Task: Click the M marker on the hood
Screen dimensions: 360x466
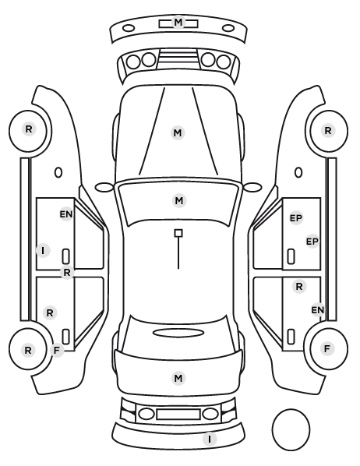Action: click(178, 132)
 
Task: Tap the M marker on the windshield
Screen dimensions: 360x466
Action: click(179, 200)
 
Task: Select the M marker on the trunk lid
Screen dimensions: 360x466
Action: click(178, 378)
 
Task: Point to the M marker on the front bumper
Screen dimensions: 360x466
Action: click(178, 23)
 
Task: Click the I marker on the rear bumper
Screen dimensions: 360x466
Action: click(210, 439)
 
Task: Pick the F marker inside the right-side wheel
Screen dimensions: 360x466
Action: click(327, 348)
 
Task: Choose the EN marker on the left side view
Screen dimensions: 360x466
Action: click(66, 214)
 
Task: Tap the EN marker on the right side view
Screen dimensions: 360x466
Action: click(317, 310)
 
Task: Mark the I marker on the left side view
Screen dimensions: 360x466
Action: click(43, 251)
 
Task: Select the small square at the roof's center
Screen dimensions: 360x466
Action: click(178, 233)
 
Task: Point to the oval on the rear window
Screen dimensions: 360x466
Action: click(178, 333)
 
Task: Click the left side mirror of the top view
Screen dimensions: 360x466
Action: click(104, 187)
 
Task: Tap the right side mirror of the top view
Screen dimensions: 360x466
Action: click(252, 187)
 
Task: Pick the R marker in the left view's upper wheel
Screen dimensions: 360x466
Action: click(29, 129)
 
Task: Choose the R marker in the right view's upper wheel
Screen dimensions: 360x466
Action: click(328, 130)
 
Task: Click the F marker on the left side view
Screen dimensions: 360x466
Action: click(56, 351)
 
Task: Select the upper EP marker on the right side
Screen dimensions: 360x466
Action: click(296, 218)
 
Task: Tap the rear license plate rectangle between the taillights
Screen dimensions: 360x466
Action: click(178, 414)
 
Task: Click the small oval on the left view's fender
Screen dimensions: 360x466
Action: click(58, 172)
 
